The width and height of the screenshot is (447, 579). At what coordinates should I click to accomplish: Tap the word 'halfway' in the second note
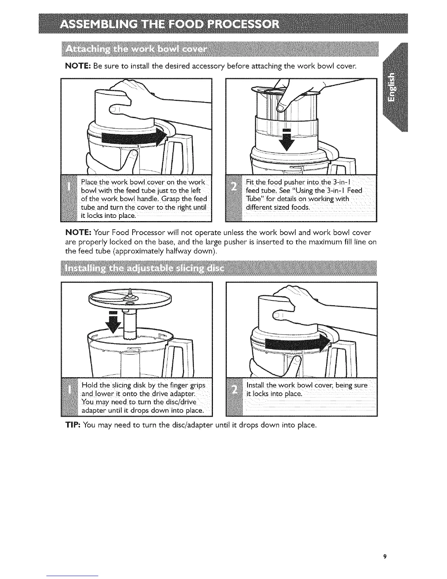[203, 252]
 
